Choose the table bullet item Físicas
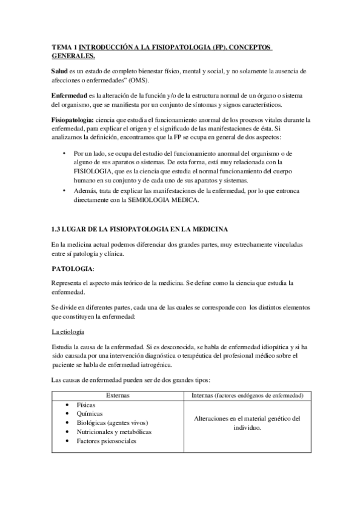(87, 404)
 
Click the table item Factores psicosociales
(107, 441)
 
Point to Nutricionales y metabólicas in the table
(114, 432)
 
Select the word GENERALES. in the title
(73, 56)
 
